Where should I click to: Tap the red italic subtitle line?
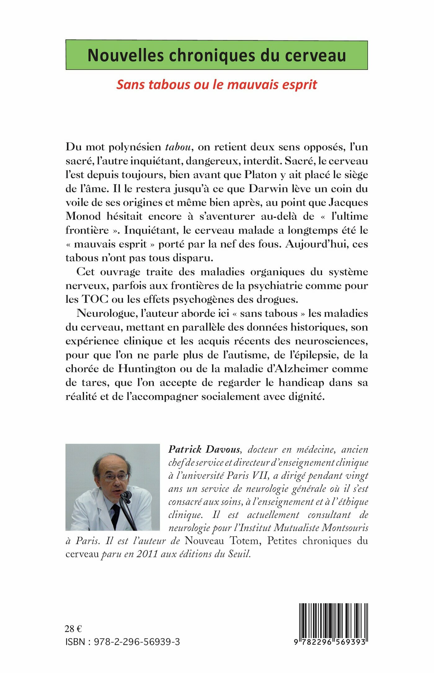(x=217, y=84)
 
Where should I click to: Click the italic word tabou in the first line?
(x=178, y=147)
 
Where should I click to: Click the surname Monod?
(x=83, y=216)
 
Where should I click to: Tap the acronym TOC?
(x=95, y=299)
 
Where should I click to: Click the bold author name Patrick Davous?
(x=204, y=449)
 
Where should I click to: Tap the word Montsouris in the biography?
(x=345, y=528)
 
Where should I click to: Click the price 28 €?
(x=73, y=629)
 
